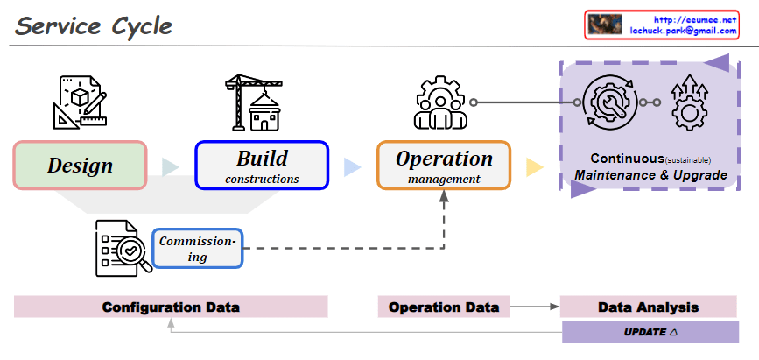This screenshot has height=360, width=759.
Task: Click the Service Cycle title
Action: pyautogui.click(x=94, y=25)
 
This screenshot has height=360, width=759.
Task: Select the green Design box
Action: pyautogui.click(x=80, y=165)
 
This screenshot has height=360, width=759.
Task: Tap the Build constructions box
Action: pyautogui.click(x=262, y=166)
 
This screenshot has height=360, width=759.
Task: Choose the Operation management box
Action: pyautogui.click(x=444, y=166)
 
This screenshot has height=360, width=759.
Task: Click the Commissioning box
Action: pyautogui.click(x=197, y=248)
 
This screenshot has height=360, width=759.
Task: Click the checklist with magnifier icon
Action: pyautogui.click(x=123, y=248)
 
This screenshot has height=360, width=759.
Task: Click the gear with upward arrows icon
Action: pyautogui.click(x=688, y=102)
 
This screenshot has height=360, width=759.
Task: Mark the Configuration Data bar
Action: pyautogui.click(x=171, y=307)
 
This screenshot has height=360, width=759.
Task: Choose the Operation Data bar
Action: pyautogui.click(x=443, y=307)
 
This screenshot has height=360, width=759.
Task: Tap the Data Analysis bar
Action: pyautogui.click(x=648, y=307)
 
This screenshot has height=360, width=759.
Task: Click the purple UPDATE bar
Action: pyautogui.click(x=650, y=333)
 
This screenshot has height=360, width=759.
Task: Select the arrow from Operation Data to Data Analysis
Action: pyautogui.click(x=534, y=307)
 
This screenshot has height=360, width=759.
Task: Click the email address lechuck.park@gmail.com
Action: pyautogui.click(x=684, y=31)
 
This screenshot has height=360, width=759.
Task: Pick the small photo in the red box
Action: pyautogui.click(x=605, y=25)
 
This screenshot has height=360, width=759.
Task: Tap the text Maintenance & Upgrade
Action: pyautogui.click(x=650, y=175)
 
